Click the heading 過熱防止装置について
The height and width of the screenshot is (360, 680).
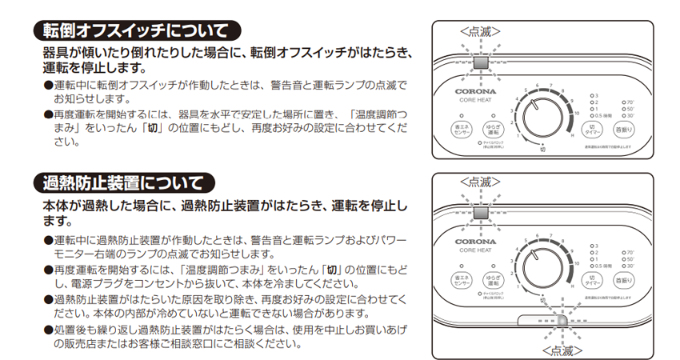pos(128,184)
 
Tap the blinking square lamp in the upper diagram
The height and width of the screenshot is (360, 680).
pos(480,62)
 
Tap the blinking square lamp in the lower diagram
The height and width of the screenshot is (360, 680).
pos(480,213)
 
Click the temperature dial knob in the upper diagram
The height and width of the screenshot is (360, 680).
pos(544,120)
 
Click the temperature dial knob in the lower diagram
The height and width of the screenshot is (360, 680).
pos(544,270)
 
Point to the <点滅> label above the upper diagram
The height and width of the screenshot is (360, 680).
pos(480,30)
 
